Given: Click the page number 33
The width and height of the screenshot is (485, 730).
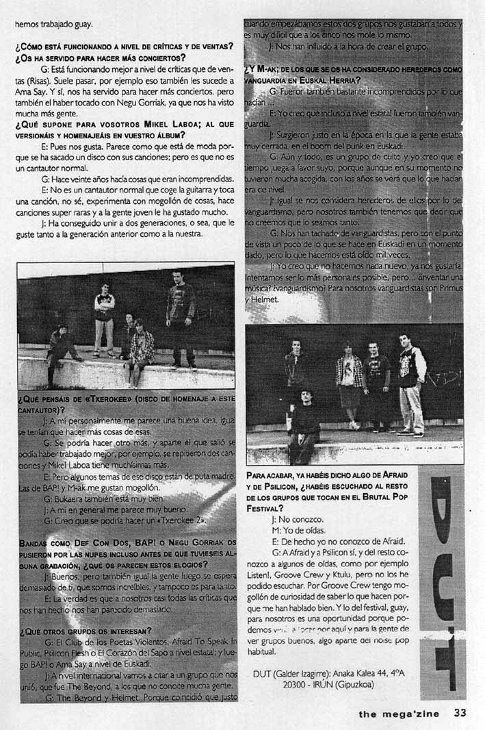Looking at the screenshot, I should coord(460,713).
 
